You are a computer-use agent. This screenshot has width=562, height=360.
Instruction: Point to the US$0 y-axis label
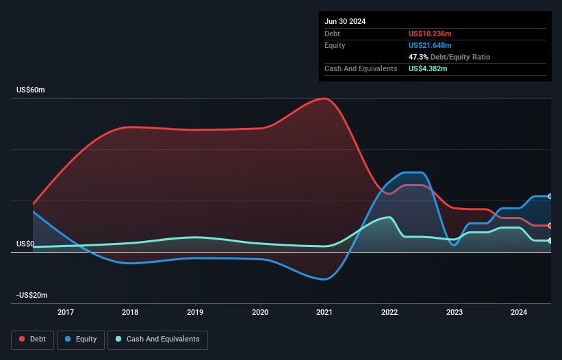click(25, 244)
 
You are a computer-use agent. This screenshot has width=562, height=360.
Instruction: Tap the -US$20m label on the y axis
click(31, 295)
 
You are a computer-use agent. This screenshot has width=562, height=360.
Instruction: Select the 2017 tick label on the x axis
click(66, 313)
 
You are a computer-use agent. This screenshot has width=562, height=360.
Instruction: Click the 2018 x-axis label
click(130, 313)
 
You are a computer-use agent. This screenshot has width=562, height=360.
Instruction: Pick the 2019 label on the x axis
click(195, 313)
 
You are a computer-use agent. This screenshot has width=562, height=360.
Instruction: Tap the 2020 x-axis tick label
click(260, 313)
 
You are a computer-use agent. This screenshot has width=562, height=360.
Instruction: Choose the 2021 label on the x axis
click(324, 313)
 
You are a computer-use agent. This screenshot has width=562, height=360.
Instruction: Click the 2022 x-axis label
click(389, 313)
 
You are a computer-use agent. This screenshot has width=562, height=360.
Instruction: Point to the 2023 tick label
click(454, 313)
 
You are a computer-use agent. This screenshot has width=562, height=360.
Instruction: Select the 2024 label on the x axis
click(519, 313)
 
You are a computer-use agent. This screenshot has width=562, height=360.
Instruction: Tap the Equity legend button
click(81, 339)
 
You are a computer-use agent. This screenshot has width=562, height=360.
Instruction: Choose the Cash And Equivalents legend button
click(157, 339)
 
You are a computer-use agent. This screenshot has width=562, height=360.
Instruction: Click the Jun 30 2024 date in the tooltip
click(345, 21)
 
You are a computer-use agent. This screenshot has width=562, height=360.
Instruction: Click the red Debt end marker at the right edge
click(550, 225)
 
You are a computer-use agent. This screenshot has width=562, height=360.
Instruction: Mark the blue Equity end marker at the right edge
click(550, 196)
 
